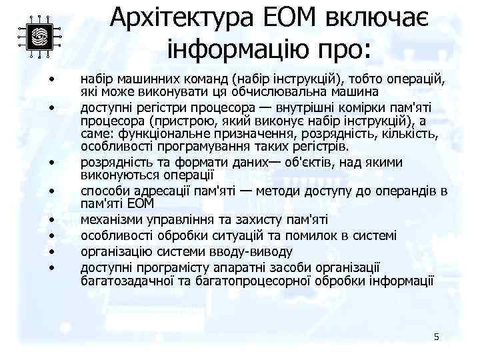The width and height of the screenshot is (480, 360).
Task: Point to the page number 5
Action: pyautogui.click(x=436, y=337)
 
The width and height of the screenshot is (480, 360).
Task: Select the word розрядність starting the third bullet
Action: pyautogui.click(x=112, y=162)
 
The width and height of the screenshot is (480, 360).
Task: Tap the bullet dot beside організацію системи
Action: pyautogui.click(x=51, y=252)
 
